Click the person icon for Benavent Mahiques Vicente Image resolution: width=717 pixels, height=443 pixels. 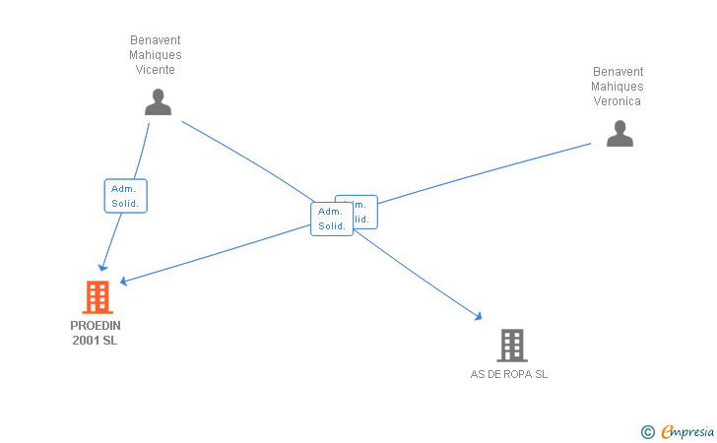click(x=158, y=102)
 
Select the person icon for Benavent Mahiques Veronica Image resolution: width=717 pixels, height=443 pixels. click(x=619, y=134)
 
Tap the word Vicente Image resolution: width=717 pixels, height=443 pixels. click(x=156, y=70)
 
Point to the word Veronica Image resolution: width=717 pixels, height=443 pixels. click(x=618, y=101)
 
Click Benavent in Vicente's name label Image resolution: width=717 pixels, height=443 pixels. click(x=156, y=40)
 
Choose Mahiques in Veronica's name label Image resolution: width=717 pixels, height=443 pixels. click(x=618, y=87)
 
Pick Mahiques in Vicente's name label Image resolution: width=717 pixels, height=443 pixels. click(x=156, y=55)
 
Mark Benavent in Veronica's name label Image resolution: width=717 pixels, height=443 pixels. click(x=618, y=72)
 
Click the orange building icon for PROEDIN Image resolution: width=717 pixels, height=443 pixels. click(x=97, y=296)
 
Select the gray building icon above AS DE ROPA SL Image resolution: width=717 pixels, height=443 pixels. click(x=511, y=345)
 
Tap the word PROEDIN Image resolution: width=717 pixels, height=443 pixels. click(x=96, y=325)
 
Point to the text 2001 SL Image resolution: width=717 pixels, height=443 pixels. click(x=96, y=341)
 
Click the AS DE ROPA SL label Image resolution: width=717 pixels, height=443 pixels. click(x=509, y=374)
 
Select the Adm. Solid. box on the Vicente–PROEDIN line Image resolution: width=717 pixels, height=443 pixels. click(x=125, y=196)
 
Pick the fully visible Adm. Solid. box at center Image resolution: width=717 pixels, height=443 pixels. click(x=332, y=219)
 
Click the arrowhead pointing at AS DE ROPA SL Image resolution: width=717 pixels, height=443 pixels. click(x=479, y=316)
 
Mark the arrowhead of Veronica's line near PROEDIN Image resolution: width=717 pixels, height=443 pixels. click(x=124, y=282)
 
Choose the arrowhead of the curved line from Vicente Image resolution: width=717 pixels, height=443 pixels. click(x=102, y=268)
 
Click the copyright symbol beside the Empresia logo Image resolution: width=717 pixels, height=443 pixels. click(x=647, y=431)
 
